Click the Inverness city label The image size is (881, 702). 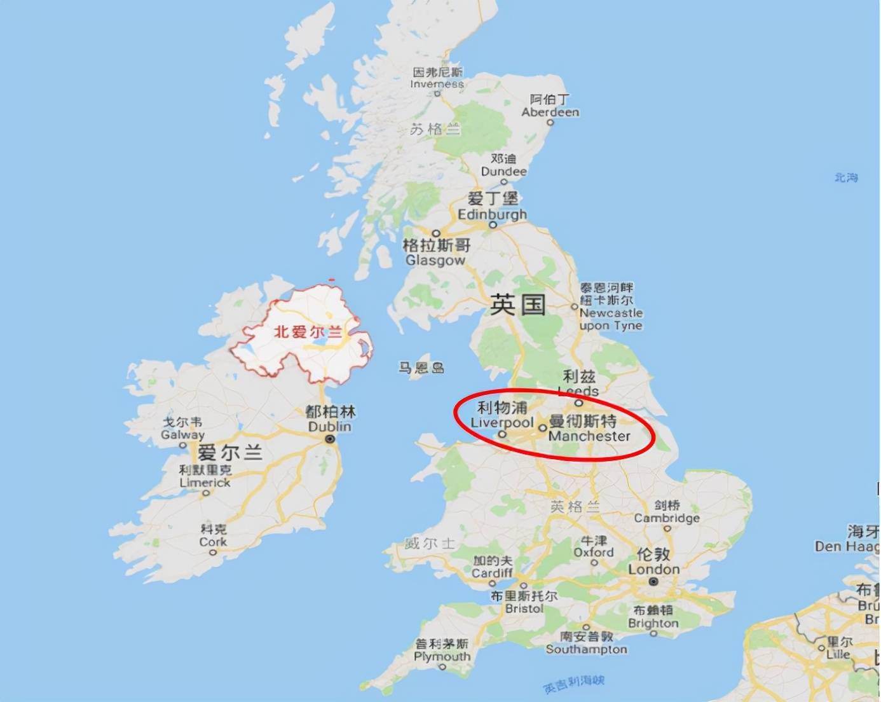tap(437, 83)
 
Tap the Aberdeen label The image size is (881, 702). tap(550, 112)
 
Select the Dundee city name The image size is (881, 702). tap(503, 171)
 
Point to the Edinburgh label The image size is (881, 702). tap(493, 214)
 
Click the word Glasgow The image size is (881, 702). tap(435, 260)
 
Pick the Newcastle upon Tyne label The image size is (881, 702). tap(611, 319)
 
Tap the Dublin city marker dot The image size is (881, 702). tap(330, 439)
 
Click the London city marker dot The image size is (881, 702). tap(654, 582)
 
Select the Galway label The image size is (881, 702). tap(182, 435)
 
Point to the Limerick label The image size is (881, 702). tap(205, 483)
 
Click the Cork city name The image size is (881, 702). tap(213, 542)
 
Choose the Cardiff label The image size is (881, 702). tap(492, 573)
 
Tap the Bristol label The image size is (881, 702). tap(524, 608)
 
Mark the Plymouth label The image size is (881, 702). tap(442, 656)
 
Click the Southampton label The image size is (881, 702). tap(587, 649)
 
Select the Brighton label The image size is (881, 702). tap(653, 623)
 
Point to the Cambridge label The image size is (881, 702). tap(667, 518)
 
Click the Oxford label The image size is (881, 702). tap(594, 552)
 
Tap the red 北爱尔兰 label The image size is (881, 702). tap(308, 332)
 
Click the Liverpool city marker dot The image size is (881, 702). tap(502, 435)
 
